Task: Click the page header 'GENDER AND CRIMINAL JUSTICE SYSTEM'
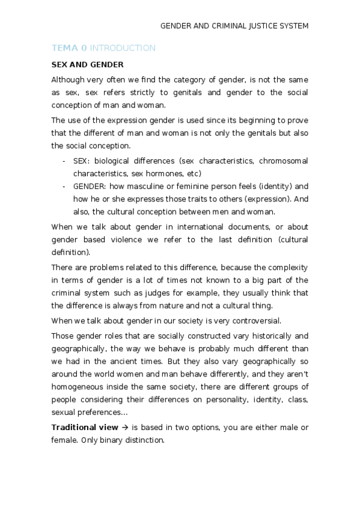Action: [x=234, y=26]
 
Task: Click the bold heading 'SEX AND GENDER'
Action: [x=88, y=64]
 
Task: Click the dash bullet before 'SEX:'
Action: [x=64, y=161]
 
